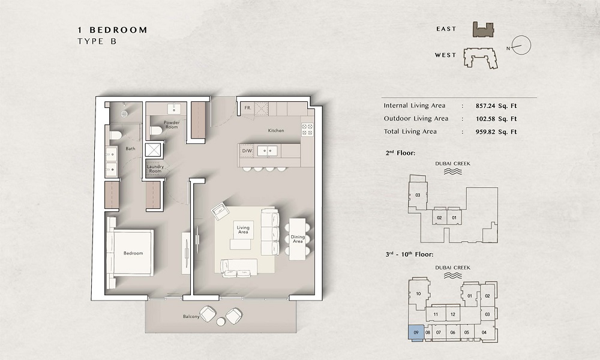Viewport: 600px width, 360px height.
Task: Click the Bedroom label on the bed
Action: click(133, 253)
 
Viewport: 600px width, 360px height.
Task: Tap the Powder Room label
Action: click(172, 125)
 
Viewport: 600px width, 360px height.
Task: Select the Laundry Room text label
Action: click(155, 169)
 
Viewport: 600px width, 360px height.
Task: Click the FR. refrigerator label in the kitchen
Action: click(247, 109)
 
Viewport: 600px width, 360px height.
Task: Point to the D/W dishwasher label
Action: click(247, 151)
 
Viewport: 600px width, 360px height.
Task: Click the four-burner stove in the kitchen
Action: click(307, 129)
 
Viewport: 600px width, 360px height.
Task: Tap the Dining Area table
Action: click(298, 238)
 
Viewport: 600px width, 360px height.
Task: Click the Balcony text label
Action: click(191, 316)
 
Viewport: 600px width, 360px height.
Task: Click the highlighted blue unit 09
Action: click(415, 332)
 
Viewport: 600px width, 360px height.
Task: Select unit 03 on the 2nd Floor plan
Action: click(418, 196)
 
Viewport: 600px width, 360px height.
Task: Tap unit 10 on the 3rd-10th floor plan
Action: click(418, 294)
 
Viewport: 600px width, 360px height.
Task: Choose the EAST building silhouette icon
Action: click(482, 29)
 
